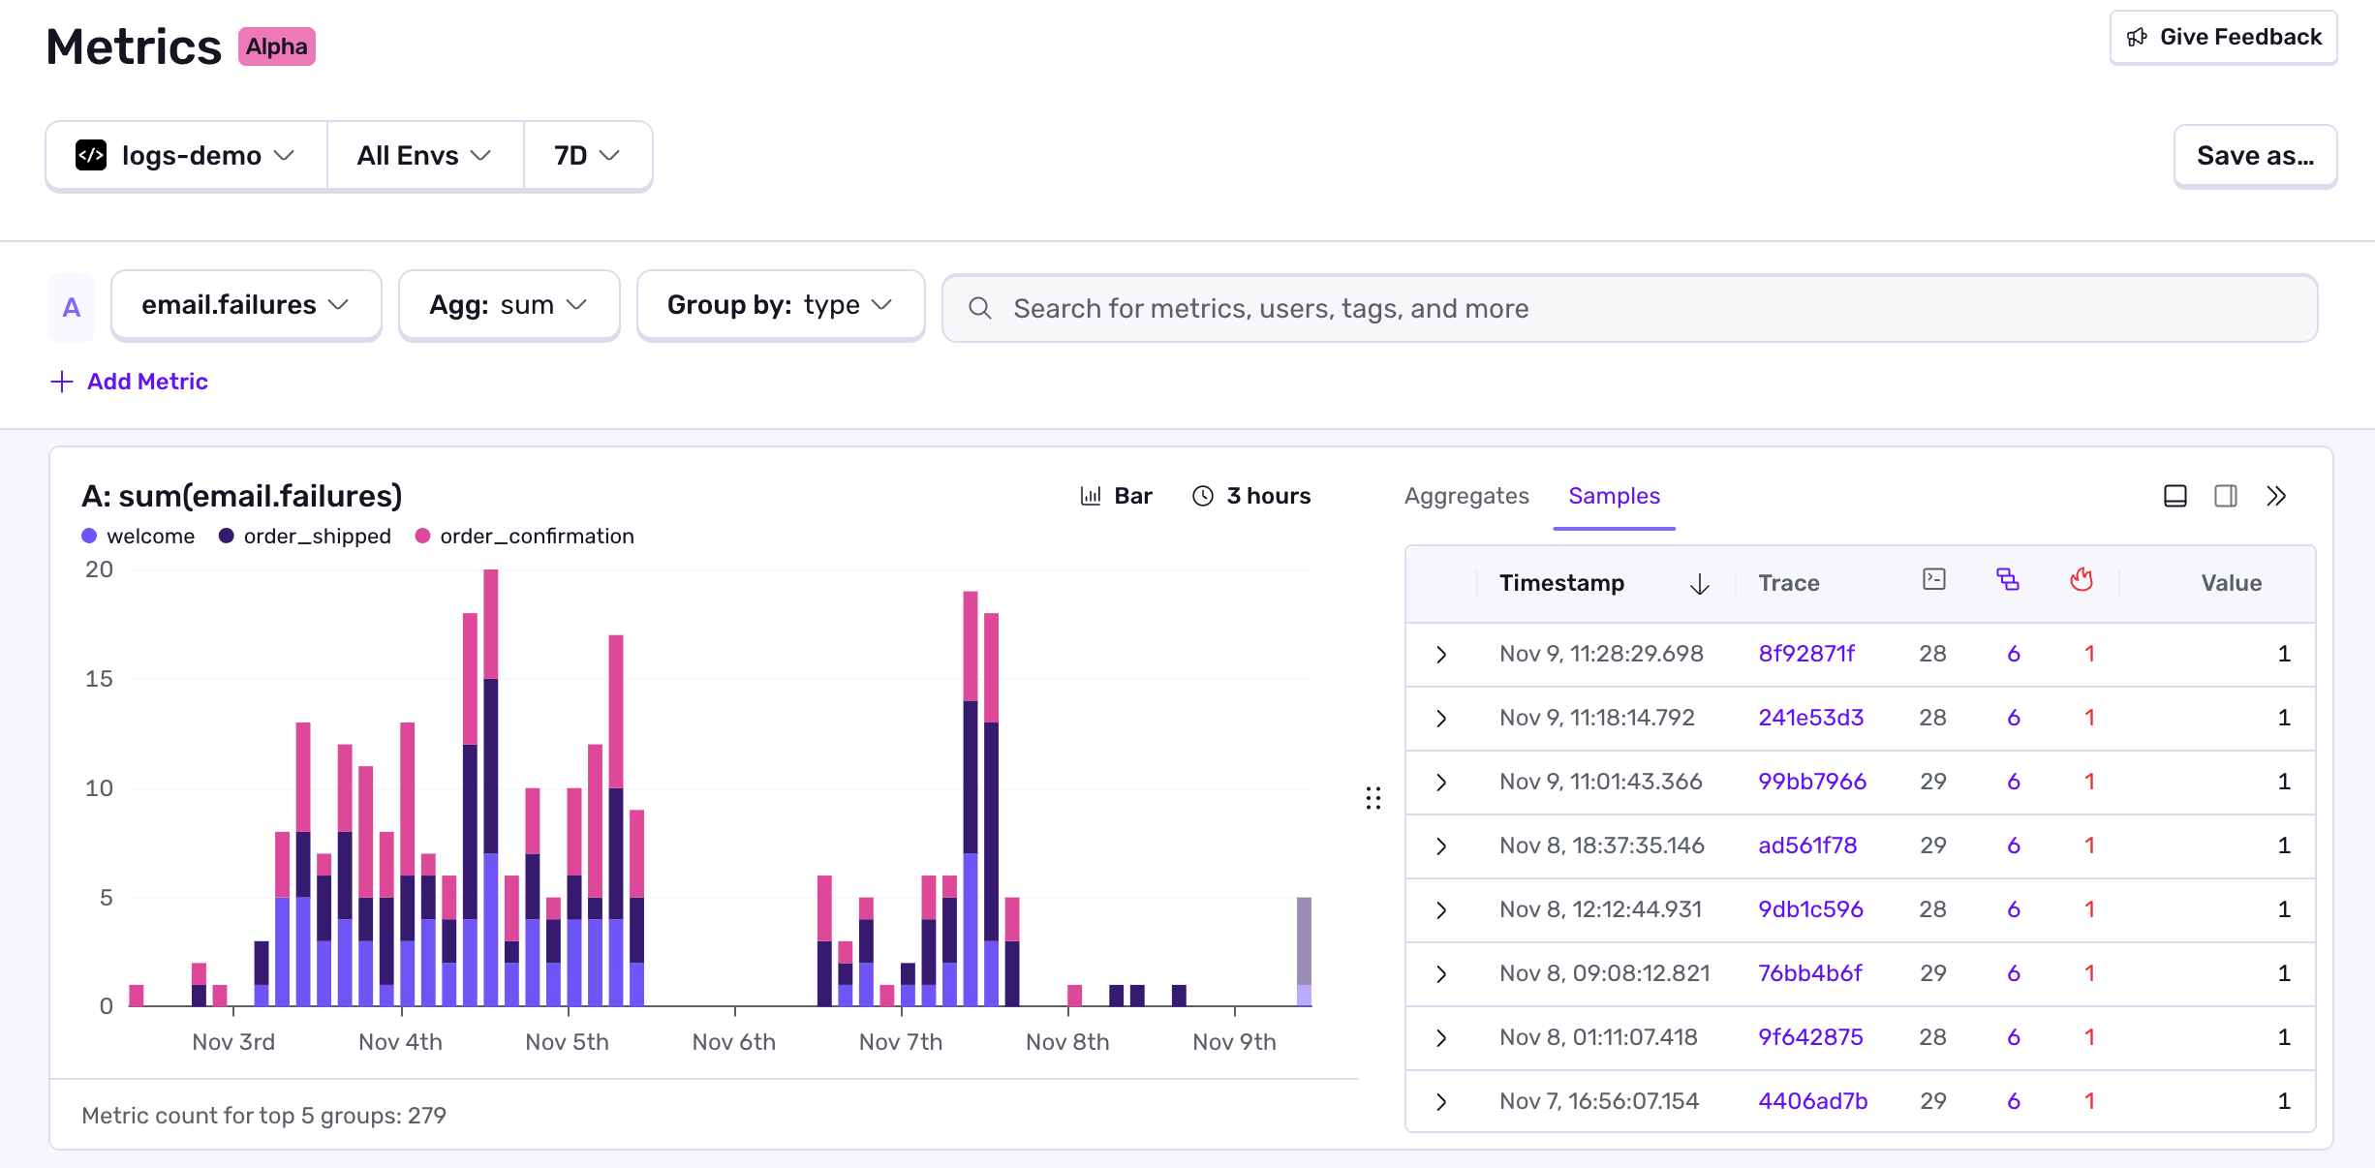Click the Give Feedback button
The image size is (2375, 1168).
click(2223, 38)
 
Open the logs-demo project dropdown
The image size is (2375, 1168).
click(186, 156)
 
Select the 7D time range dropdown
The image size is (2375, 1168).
click(586, 156)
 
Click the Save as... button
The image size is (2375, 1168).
click(2254, 156)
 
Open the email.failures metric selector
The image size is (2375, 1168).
click(245, 305)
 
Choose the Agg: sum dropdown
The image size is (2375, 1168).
click(509, 305)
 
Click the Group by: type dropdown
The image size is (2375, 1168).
click(780, 305)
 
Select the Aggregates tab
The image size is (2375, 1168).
click(1466, 496)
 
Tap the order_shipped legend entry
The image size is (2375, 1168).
click(316, 537)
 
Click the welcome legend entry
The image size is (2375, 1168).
click(149, 537)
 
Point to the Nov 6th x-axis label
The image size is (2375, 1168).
click(733, 1042)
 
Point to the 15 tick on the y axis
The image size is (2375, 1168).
click(99, 679)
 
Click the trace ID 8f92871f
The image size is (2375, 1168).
click(1806, 654)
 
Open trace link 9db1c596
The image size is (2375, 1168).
click(1810, 909)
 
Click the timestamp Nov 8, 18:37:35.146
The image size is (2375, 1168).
click(1601, 845)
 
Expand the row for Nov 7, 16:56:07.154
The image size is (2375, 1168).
click(1441, 1101)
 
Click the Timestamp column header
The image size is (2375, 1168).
click(1561, 583)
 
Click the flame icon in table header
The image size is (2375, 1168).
click(2082, 580)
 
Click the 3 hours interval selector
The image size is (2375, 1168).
click(1250, 496)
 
